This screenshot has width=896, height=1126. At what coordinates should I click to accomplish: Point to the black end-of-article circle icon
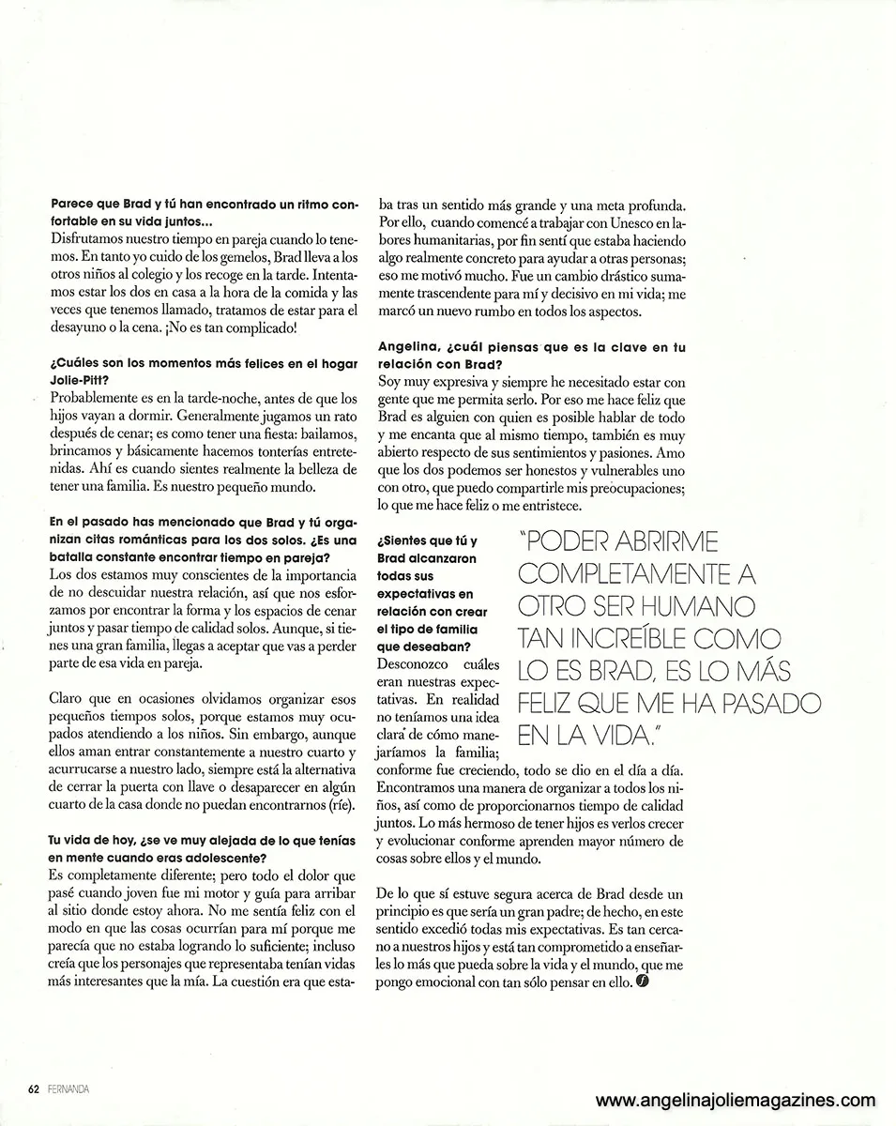pos(642,982)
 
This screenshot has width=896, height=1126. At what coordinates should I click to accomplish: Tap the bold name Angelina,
pos(410,347)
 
